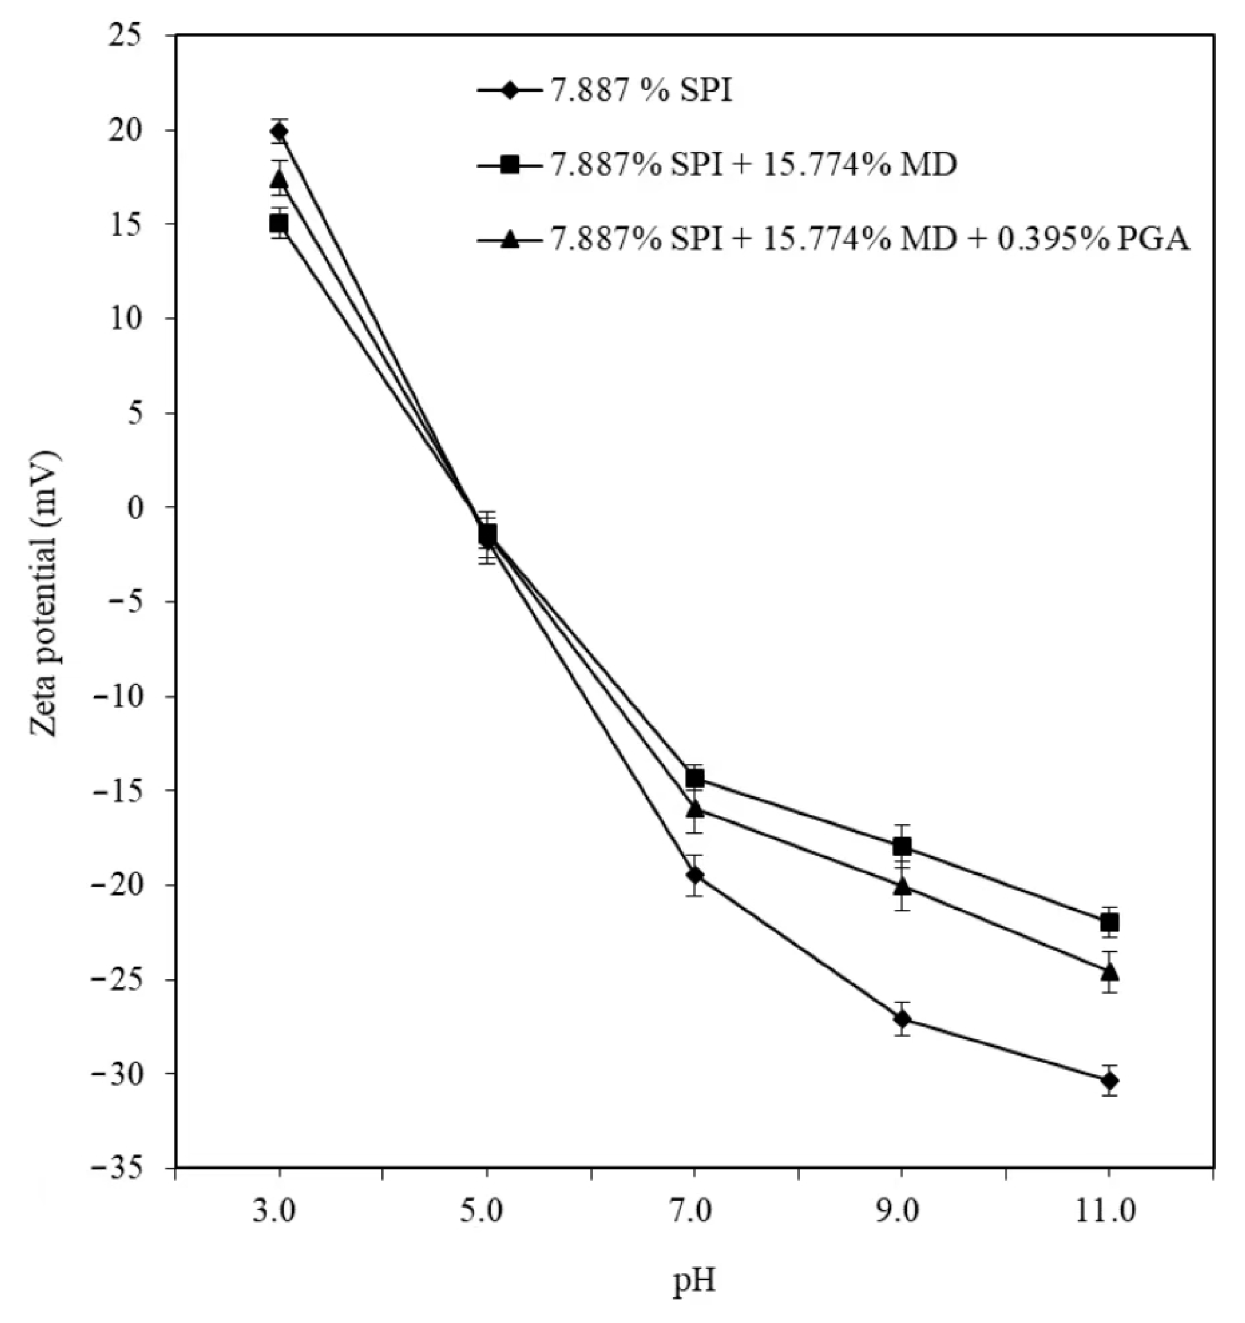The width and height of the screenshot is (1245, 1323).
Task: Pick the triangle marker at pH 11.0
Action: point(1109,972)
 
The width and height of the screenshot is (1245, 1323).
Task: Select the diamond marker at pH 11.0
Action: point(1109,1080)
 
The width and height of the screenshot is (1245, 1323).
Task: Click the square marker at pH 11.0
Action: point(1109,922)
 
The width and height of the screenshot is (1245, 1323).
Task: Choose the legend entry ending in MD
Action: point(752,164)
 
